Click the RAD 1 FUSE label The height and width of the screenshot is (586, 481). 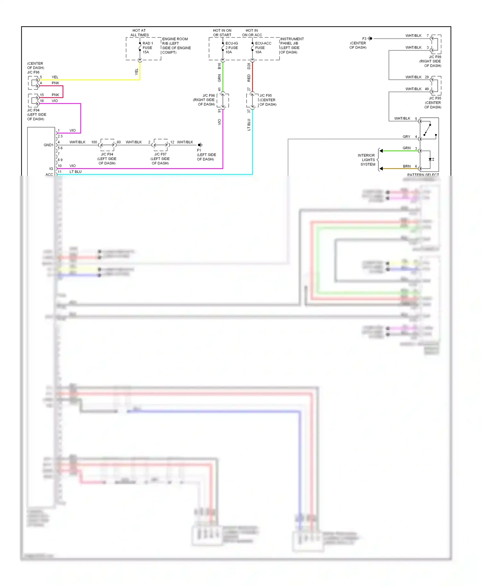coord(148,47)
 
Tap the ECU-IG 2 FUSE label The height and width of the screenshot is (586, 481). coord(232,47)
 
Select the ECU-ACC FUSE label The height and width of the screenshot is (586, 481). coord(263,47)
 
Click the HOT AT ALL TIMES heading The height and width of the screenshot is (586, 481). coord(139,33)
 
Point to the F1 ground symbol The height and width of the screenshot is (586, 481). coord(200,145)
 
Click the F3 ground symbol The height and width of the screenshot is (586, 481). coord(370,38)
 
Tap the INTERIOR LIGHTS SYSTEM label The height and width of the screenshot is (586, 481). coord(367,160)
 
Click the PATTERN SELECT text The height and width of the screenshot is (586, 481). coord(423,174)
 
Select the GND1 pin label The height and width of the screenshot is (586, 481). coord(48,145)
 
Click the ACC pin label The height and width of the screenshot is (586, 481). coord(49,174)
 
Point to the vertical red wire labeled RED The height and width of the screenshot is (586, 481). coord(252,77)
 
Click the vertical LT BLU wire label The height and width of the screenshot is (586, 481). coord(249,124)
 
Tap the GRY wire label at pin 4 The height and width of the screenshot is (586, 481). coord(406,137)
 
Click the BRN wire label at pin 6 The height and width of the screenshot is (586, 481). coord(407,166)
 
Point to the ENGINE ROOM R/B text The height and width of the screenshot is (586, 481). coord(176,46)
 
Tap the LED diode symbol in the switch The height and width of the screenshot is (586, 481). coord(431,159)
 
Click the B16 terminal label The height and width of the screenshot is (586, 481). coord(219,66)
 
